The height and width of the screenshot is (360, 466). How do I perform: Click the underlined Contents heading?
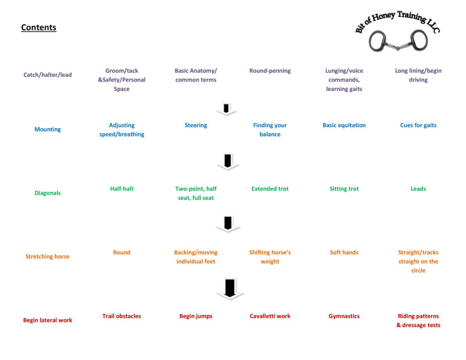click(x=38, y=27)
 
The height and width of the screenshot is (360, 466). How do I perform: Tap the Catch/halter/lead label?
click(x=48, y=75)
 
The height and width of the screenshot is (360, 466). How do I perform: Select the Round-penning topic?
click(x=270, y=70)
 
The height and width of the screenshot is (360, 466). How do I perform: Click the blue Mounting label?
click(x=48, y=129)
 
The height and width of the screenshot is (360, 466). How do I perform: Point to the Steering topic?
click(x=196, y=125)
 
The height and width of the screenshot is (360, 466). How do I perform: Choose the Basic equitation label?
click(x=344, y=125)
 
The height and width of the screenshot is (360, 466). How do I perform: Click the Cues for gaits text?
click(x=418, y=125)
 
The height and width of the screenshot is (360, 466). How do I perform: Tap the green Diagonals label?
click(x=48, y=193)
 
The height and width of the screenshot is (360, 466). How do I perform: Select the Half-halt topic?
click(x=122, y=189)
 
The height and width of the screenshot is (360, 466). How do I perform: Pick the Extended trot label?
click(x=270, y=189)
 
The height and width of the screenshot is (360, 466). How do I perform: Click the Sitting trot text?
click(x=344, y=189)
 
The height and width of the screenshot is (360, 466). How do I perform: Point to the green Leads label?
click(x=418, y=189)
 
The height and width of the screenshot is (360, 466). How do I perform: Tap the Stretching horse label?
click(x=48, y=256)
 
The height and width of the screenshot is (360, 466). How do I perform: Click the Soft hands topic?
click(x=344, y=252)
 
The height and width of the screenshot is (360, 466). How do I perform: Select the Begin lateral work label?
click(x=48, y=320)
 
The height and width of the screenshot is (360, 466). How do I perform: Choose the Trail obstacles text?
click(x=122, y=316)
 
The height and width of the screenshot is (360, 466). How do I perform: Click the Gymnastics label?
click(x=344, y=316)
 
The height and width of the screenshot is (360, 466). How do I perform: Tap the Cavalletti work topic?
click(x=270, y=316)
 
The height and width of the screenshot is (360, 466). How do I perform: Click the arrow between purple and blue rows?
click(x=226, y=109)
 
